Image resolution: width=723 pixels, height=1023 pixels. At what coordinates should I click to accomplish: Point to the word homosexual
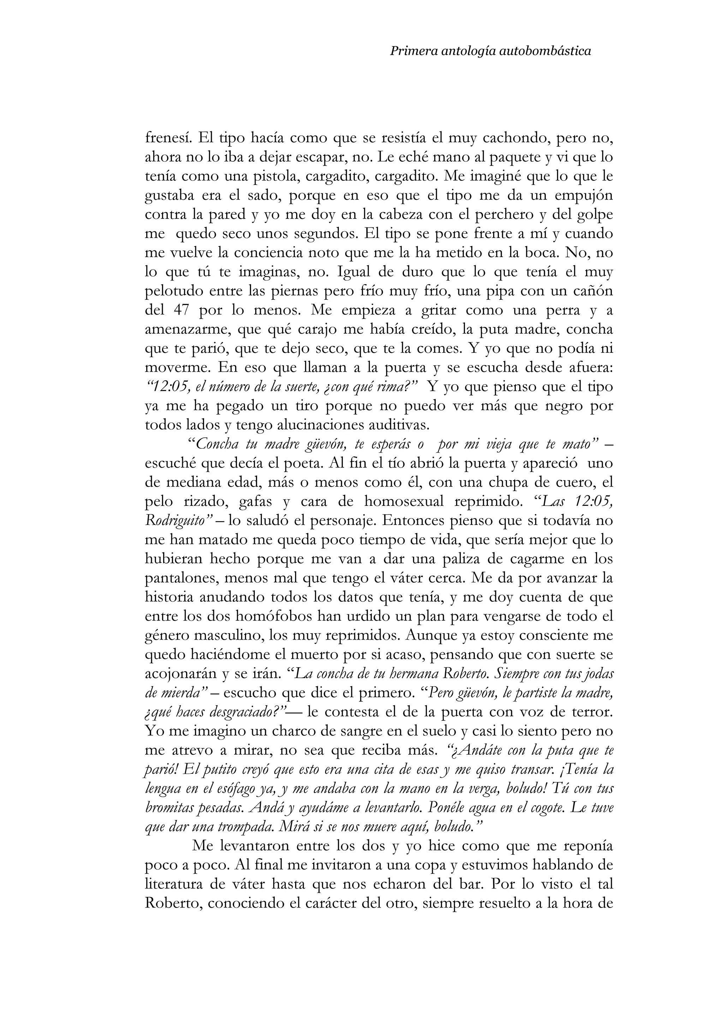point(405,502)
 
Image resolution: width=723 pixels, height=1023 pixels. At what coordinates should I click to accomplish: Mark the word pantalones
point(181,578)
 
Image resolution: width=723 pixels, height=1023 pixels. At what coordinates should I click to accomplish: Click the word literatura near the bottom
point(176,885)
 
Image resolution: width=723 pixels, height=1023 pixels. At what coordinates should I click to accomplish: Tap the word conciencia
point(269,253)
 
